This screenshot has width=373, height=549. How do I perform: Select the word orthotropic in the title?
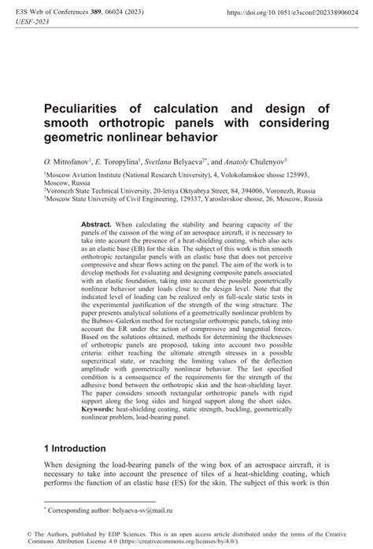tap(131, 124)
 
